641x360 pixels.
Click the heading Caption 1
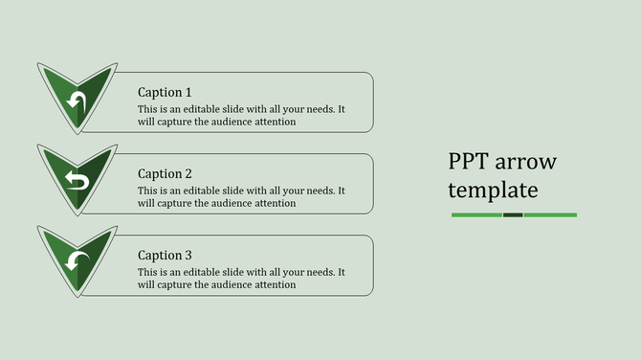point(165,92)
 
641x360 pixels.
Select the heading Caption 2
point(165,173)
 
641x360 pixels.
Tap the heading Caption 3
point(165,255)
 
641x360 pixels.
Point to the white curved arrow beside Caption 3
point(77,260)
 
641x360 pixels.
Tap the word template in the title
point(493,190)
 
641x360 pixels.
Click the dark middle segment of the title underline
point(513,214)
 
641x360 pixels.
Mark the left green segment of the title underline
point(476,214)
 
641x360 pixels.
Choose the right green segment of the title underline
point(550,214)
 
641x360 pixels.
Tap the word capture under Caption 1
point(173,122)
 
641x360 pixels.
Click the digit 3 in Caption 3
point(188,255)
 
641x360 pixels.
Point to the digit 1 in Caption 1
point(188,92)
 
